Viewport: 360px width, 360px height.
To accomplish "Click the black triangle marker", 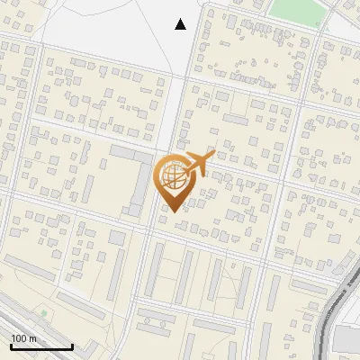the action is pos(181,24).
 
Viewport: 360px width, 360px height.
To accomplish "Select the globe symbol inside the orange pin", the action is pos(172,176).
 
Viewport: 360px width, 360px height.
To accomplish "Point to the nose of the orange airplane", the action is pos(213,155).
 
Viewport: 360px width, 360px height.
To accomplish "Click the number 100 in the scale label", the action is pos(19,338).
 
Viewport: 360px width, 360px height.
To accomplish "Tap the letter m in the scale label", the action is pos(33,338).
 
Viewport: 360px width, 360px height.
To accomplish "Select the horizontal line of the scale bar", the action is pos(41,346).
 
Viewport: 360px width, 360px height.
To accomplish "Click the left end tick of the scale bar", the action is pos(11,346).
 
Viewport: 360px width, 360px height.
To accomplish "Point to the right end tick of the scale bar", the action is pos(72,346).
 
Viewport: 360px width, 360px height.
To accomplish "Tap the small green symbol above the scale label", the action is pos(43,313).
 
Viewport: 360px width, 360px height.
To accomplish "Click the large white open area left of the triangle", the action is pos(99,27).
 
